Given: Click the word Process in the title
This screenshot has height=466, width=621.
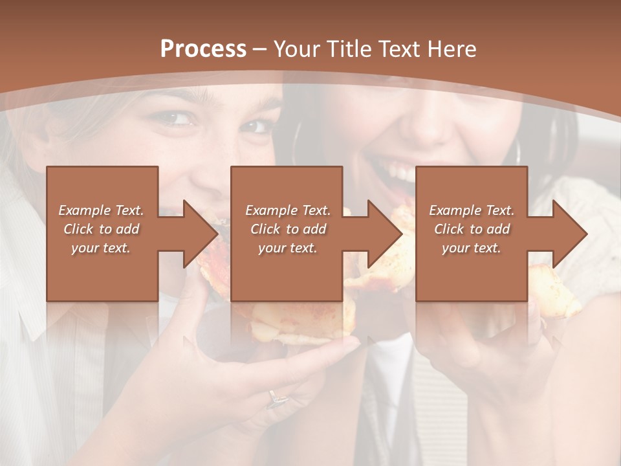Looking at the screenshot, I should click(x=203, y=49).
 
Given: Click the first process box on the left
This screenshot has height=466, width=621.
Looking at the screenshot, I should click(x=102, y=234).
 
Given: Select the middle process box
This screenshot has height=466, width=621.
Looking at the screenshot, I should click(x=287, y=234).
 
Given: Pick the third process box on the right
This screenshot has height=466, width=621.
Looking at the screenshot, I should click(x=471, y=234).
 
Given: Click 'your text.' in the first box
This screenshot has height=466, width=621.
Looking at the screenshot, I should click(x=100, y=248).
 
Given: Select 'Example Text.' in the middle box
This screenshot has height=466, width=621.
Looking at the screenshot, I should click(x=287, y=210).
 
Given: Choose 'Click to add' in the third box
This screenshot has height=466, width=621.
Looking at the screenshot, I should click(x=472, y=229).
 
